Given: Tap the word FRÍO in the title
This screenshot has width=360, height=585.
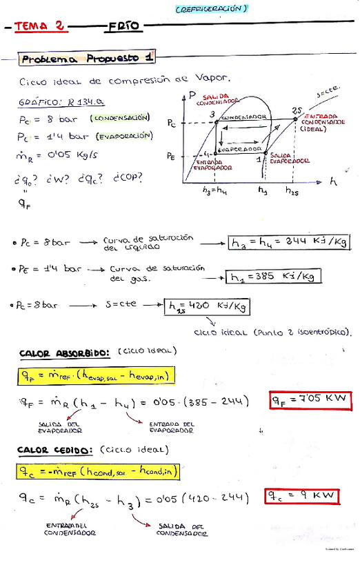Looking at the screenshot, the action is pyautogui.click(x=124, y=26).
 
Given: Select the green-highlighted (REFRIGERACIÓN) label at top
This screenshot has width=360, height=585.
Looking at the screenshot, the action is pyautogui.click(x=211, y=8).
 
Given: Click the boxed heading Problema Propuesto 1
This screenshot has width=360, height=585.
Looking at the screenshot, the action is pyautogui.click(x=87, y=59).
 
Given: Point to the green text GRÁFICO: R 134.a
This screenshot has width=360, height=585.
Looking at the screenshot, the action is pyautogui.click(x=61, y=101).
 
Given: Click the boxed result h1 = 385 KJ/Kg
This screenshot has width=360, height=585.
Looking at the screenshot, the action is pyautogui.click(x=274, y=277).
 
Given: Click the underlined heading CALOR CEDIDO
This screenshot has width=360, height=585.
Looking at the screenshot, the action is pyautogui.click(x=54, y=450).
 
